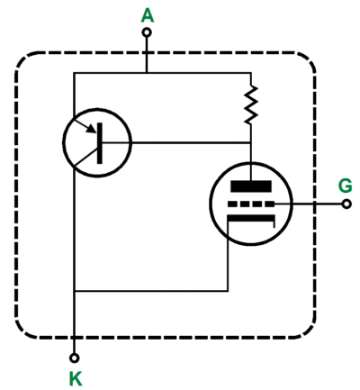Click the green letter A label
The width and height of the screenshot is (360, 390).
pos(148,16)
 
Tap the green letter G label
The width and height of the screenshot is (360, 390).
pos(346,186)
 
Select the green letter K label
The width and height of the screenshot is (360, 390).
pos(76,378)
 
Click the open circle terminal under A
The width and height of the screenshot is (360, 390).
pos(147,32)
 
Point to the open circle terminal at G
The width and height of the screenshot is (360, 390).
pos(346,204)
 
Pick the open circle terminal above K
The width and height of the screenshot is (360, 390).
pos(74,358)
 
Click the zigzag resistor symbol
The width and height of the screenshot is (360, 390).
pos(251,104)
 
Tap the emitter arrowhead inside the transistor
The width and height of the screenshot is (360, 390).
pos(92,130)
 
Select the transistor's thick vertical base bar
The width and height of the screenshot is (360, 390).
pos(100,143)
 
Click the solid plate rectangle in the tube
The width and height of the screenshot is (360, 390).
pos(251,186)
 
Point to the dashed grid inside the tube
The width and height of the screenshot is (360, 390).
pos(251,204)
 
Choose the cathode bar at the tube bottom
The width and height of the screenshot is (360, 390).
pos(251,218)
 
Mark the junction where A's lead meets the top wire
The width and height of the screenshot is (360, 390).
pos(147,73)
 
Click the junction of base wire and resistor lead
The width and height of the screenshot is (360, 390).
pos(251,142)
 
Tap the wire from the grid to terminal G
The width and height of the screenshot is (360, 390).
pos(309,204)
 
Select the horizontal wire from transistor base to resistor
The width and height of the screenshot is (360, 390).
pos(176,142)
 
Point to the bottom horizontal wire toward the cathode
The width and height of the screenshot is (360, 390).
pos(151,291)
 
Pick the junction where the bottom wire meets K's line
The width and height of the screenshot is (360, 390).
pos(74,291)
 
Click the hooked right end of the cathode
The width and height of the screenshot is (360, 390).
pos(274,223)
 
